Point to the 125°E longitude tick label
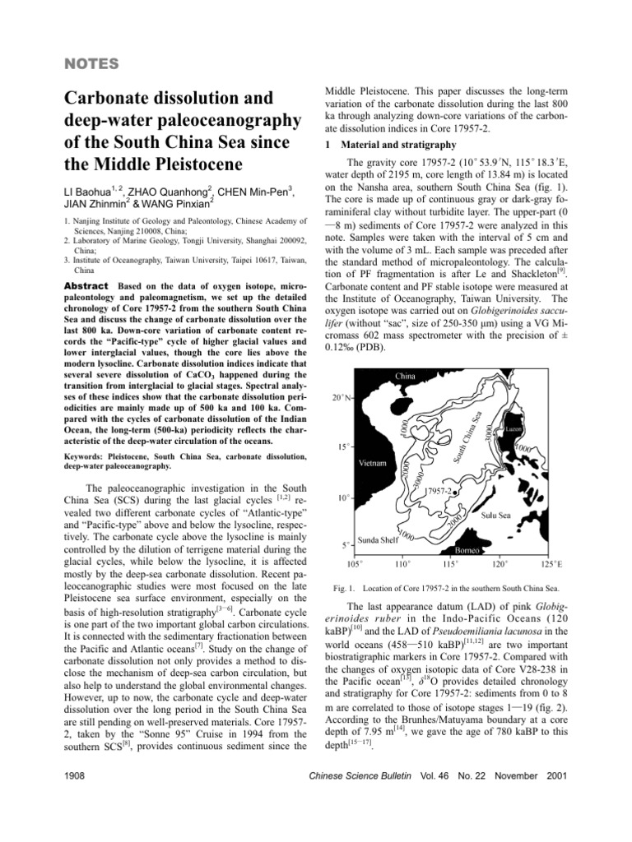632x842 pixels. click(x=547, y=565)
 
